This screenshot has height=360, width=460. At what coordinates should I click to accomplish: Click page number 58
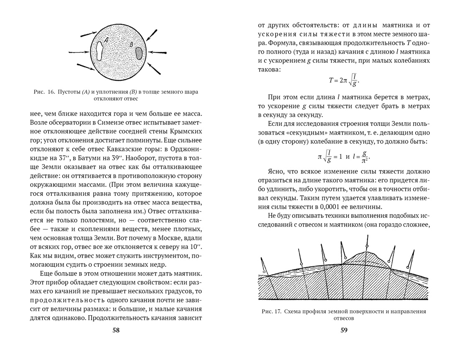(116, 330)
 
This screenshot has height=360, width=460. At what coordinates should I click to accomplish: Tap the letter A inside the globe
(107, 40)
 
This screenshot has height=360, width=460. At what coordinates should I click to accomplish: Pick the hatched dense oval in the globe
(139, 54)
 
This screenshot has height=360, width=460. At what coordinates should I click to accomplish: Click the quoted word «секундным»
(296, 133)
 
